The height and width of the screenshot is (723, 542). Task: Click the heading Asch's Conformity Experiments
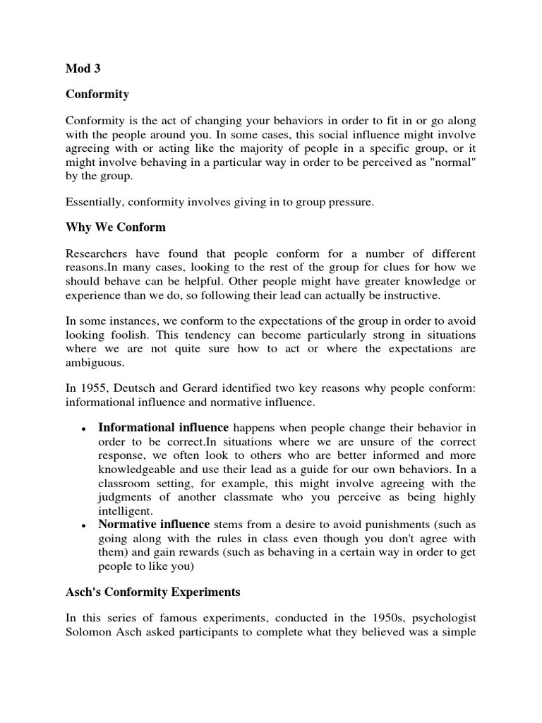click(153, 592)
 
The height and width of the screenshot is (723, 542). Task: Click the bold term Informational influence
click(163, 428)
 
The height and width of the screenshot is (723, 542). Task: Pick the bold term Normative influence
click(154, 524)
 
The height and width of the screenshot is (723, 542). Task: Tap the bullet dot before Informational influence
click(84, 429)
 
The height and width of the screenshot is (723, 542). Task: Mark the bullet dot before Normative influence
click(84, 525)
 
